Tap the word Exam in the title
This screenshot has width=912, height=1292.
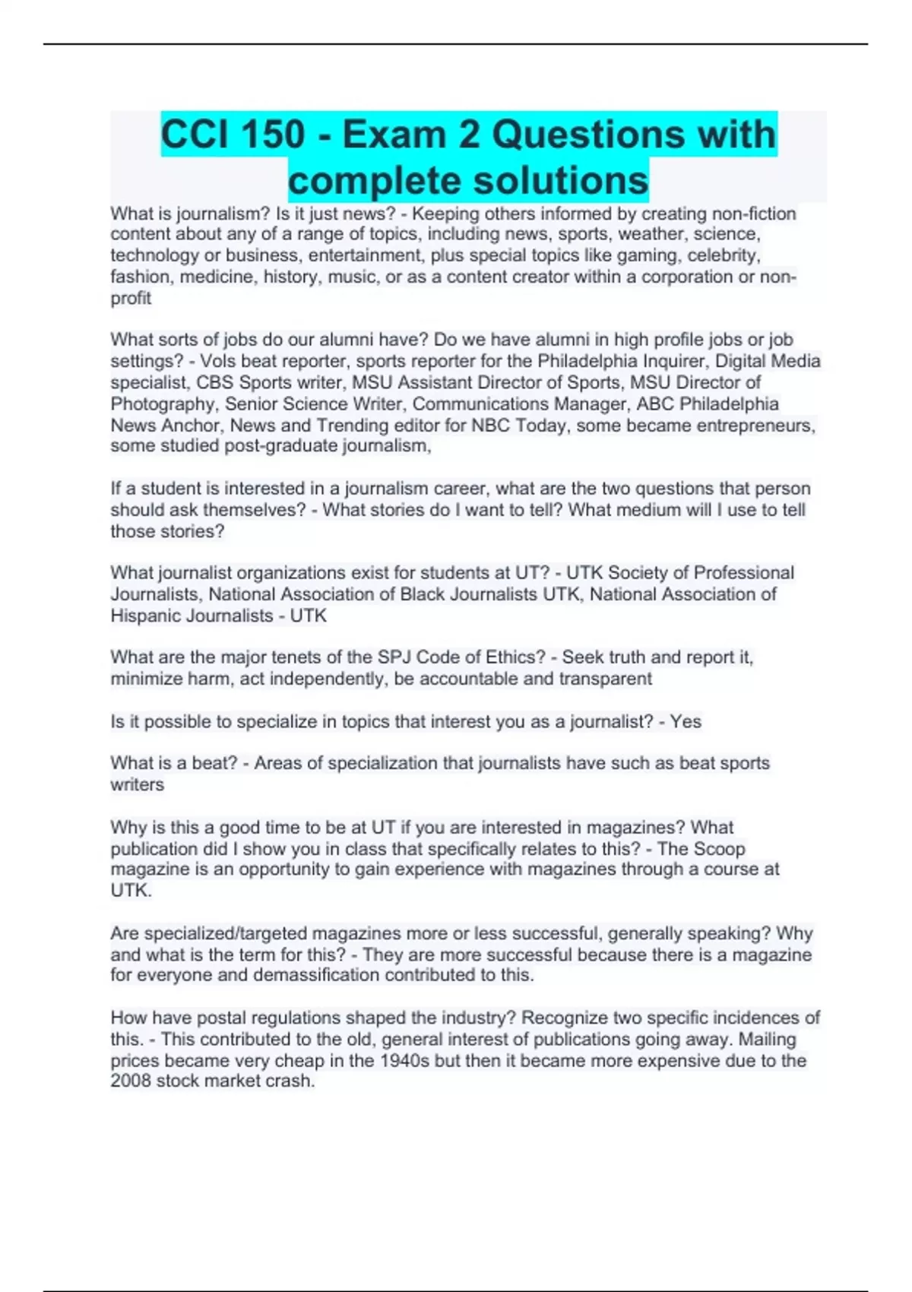[383, 135]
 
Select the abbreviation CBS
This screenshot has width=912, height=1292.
[215, 382]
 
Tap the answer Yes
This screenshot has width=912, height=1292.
[686, 721]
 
